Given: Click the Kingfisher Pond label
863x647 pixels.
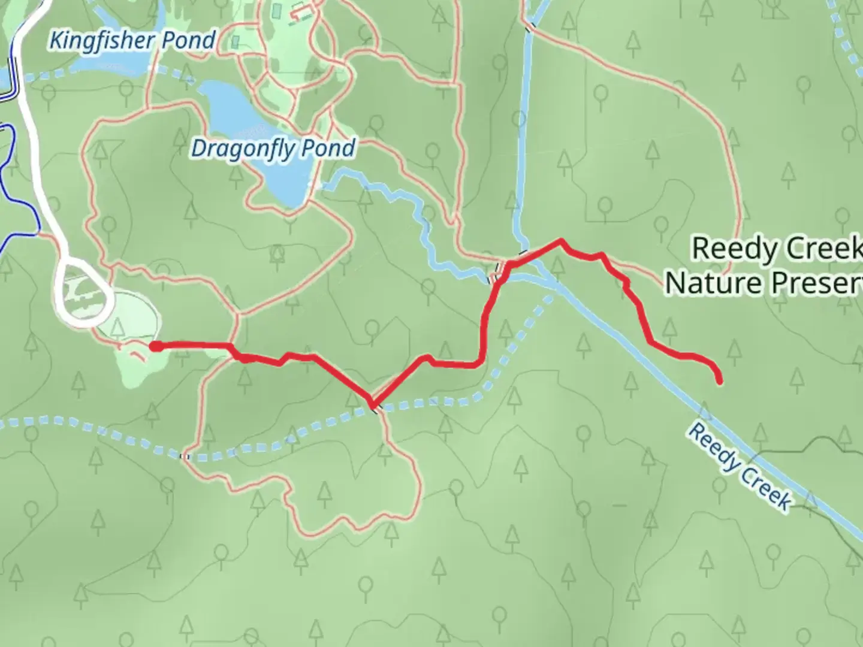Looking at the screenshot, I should point(132,41).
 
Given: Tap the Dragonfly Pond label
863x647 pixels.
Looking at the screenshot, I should point(273,149).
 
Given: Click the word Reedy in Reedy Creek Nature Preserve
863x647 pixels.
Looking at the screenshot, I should point(728,248).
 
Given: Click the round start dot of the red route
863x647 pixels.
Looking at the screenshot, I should point(155,346).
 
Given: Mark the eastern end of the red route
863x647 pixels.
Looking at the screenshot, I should point(719,380).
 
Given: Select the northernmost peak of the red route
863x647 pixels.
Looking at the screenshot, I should point(560,241).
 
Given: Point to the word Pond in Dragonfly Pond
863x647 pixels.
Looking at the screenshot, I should point(330,147).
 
